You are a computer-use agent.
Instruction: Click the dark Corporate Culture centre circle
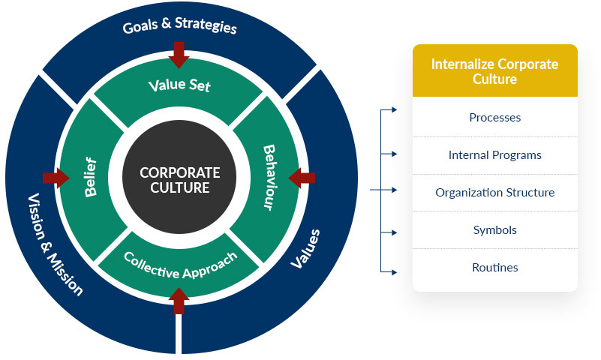point(180,180)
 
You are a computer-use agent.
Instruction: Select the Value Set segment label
point(180,85)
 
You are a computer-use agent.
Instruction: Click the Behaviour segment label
point(269,178)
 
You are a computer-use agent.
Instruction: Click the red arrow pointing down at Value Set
point(180,53)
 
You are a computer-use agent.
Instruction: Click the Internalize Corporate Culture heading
point(494,71)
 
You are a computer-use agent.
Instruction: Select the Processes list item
point(494,118)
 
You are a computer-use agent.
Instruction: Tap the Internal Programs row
point(494,155)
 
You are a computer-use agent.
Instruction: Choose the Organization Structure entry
point(494,193)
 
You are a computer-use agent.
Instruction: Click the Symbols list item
point(494,230)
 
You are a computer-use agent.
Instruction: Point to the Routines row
point(494,268)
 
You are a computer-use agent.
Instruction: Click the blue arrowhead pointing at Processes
point(392,110)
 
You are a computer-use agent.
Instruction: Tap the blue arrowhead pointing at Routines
point(392,271)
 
